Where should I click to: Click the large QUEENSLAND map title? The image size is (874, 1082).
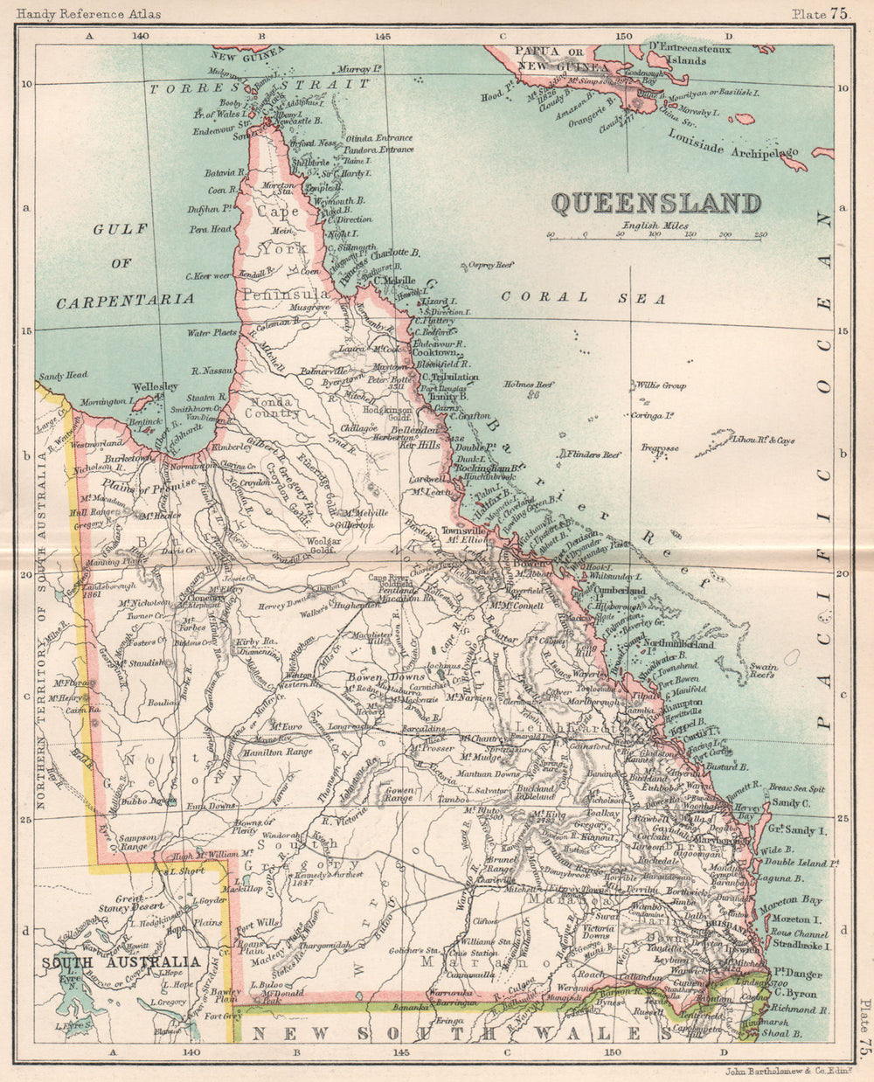click(x=655, y=203)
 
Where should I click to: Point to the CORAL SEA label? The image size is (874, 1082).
click(x=584, y=298)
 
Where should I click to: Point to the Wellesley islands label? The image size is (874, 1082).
click(x=155, y=386)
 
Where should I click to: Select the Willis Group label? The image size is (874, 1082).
click(x=660, y=385)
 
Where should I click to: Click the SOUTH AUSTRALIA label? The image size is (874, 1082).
click(x=120, y=961)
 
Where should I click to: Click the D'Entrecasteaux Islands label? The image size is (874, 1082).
click(x=691, y=54)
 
